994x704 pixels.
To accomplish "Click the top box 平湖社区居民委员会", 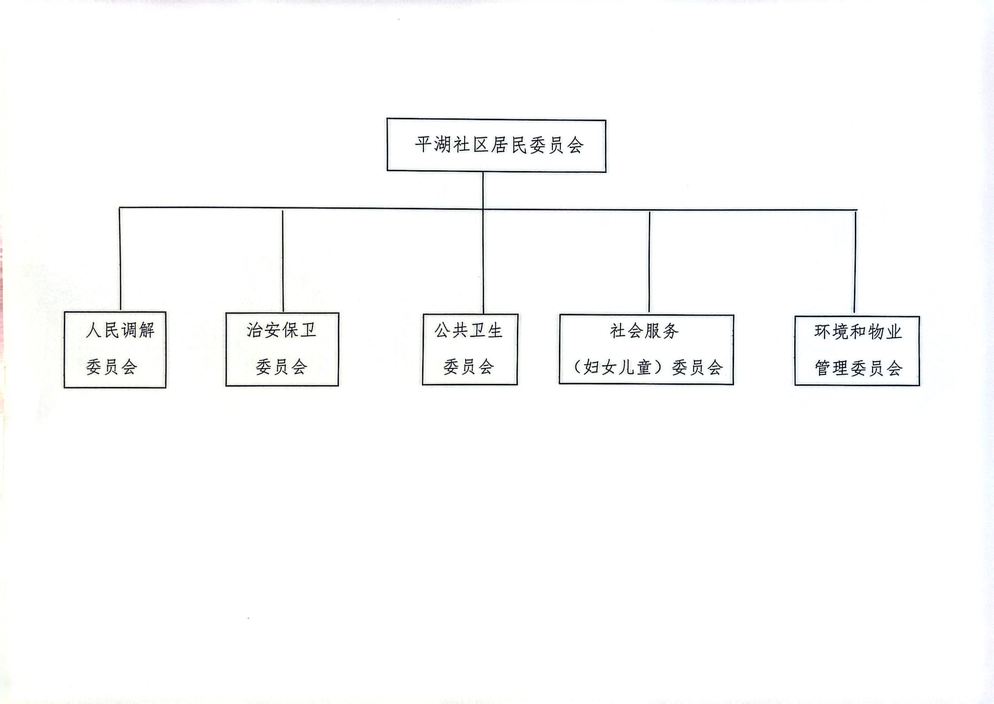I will pyautogui.click(x=496, y=145).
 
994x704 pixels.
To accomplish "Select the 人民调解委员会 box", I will pyautogui.click(x=115, y=350).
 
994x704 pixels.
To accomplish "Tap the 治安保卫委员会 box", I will pyautogui.click(x=282, y=349).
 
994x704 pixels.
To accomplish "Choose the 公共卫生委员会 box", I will pyautogui.click(x=470, y=349).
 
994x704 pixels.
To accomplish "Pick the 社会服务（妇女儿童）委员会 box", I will pyautogui.click(x=646, y=349).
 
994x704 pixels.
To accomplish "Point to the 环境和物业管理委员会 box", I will pyautogui.click(x=857, y=351).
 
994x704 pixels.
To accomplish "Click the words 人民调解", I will pyautogui.click(x=120, y=330).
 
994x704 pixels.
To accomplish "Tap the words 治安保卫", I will pyautogui.click(x=281, y=330).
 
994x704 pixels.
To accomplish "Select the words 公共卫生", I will pyautogui.click(x=469, y=331).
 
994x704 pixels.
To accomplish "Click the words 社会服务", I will pyautogui.click(x=645, y=331).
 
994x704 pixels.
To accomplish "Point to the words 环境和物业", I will pyautogui.click(x=858, y=332).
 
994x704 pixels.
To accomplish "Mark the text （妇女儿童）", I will pyautogui.click(x=619, y=367).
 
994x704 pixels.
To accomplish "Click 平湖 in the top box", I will pyautogui.click(x=433, y=145).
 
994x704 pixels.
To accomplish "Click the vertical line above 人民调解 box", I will pyautogui.click(x=120, y=259).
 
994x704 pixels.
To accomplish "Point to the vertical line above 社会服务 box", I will pyautogui.click(x=649, y=262).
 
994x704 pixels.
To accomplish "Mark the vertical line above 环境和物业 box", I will pyautogui.click(x=855, y=262).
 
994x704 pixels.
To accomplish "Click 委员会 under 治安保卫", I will pyautogui.click(x=282, y=367).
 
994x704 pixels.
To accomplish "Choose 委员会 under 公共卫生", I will pyautogui.click(x=469, y=367).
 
